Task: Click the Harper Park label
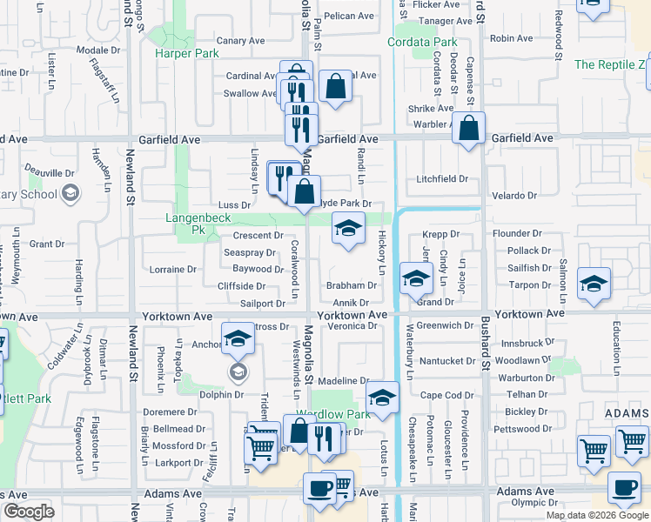[x=186, y=53]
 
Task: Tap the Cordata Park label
[x=422, y=42]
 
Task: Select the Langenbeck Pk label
[x=185, y=224]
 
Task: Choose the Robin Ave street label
[x=511, y=38]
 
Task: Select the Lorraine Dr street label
[x=172, y=269]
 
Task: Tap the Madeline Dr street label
[x=344, y=381]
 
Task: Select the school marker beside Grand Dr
[x=416, y=278]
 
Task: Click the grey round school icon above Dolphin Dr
[x=236, y=372]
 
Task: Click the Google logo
[x=30, y=512]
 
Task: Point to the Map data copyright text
[x=597, y=514]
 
